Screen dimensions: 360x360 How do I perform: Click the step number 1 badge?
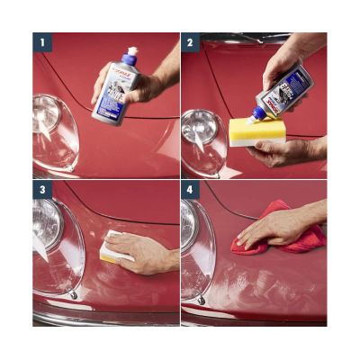40,41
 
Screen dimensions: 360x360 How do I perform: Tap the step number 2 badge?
189,41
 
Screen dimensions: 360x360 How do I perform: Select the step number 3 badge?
40,190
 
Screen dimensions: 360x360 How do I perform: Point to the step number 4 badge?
189,190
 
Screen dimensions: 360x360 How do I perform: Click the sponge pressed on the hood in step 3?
112,247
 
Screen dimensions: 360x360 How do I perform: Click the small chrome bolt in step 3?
74,295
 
